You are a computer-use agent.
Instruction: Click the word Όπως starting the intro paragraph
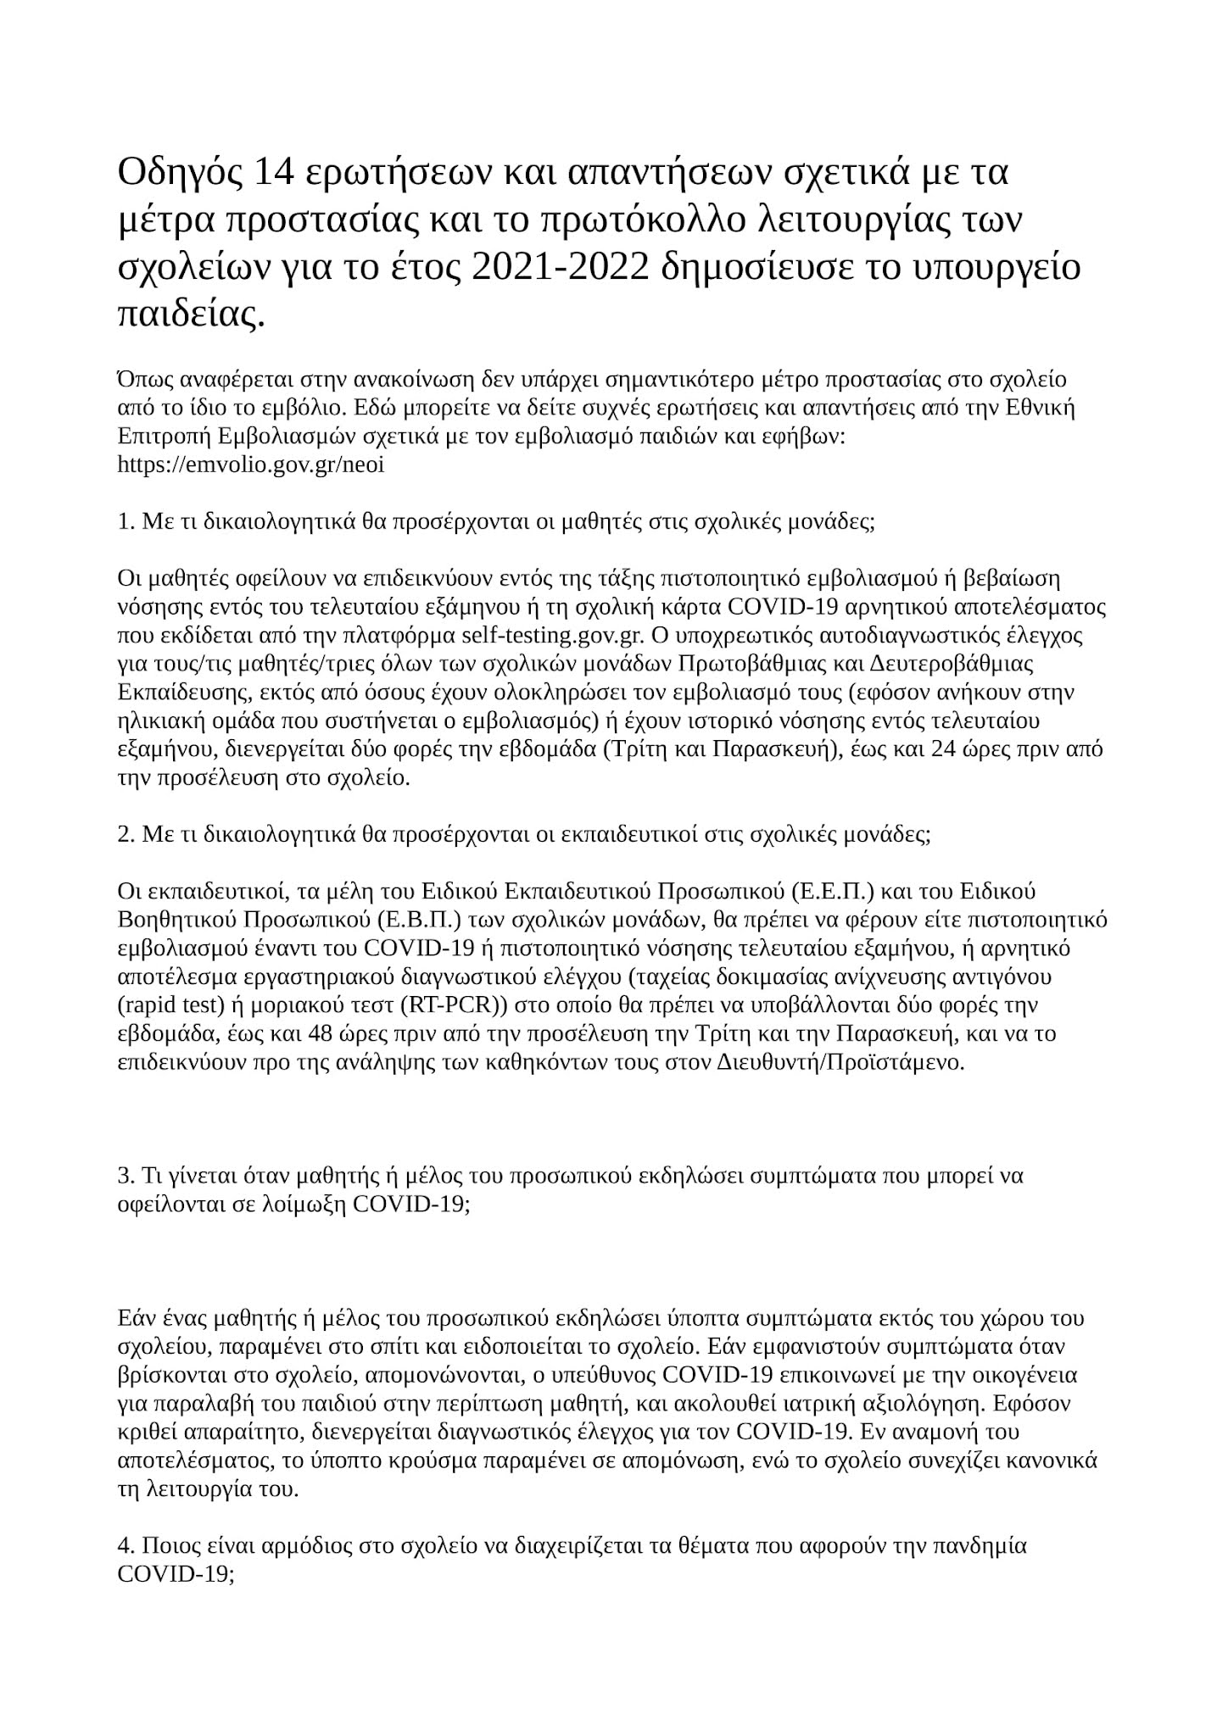pos(142,379)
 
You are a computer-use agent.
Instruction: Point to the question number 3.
pos(123,1177)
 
